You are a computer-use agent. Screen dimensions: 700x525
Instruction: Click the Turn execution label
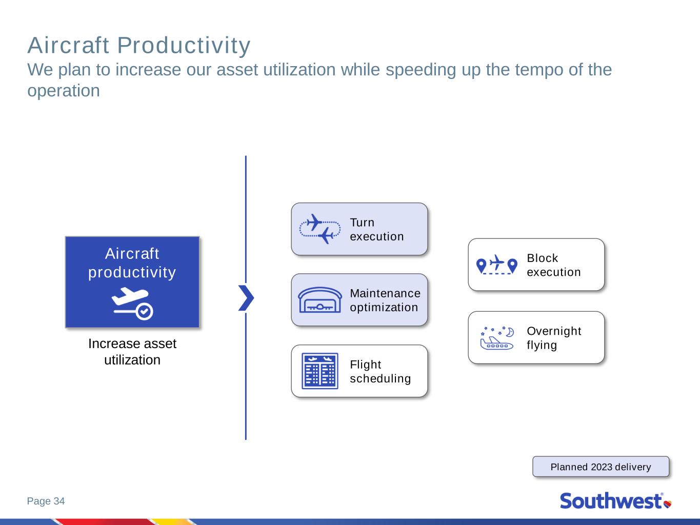376,230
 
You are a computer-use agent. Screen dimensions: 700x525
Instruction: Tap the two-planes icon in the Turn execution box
320,229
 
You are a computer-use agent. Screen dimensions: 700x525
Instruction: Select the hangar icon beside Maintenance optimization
320,300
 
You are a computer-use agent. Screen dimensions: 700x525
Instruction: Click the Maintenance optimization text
385,300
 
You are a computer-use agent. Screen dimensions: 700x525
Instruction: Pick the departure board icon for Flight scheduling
320,371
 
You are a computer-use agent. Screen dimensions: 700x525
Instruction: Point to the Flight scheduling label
380,371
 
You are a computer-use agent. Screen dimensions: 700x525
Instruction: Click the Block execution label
554,265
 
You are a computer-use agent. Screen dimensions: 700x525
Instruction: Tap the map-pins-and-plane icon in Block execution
496,265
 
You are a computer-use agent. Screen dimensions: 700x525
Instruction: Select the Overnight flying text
554,338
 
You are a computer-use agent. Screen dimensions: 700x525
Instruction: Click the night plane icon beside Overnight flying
497,338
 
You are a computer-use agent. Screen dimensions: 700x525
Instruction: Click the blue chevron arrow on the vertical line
246,298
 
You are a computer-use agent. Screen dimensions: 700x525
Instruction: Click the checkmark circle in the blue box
145,311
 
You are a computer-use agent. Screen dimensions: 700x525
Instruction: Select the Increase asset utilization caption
132,352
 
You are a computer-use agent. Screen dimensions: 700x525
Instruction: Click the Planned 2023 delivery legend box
601,467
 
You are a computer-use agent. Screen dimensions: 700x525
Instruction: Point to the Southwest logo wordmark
611,501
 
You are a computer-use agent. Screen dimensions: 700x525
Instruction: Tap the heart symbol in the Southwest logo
668,503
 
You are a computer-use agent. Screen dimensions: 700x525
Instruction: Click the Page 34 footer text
46,501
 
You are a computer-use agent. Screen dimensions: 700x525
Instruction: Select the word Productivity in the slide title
184,46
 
